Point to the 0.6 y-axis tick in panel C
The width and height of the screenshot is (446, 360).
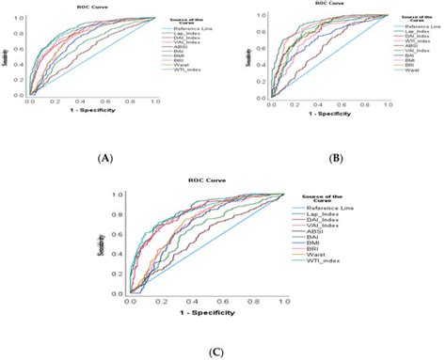(x=131, y=235)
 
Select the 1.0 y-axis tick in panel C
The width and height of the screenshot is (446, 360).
(x=131, y=195)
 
